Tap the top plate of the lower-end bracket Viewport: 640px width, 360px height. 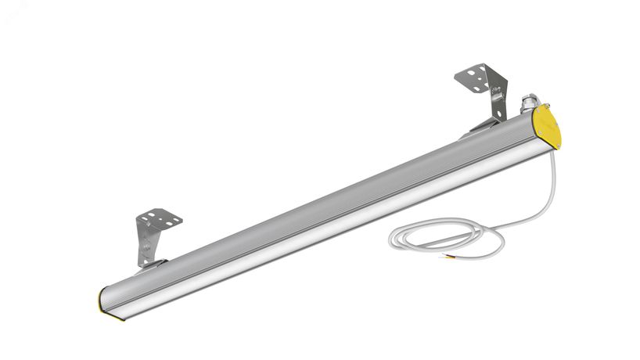(159, 218)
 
